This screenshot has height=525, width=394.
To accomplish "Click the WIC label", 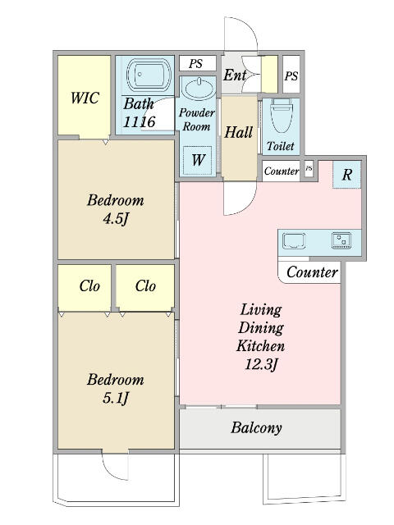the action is click(x=85, y=98).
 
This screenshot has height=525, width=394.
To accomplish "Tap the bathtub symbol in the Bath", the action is click(x=149, y=75).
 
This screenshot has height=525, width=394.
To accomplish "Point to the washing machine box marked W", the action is click(x=198, y=160).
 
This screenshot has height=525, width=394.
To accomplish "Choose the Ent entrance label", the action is click(x=235, y=75).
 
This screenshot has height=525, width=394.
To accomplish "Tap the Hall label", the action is click(x=238, y=132).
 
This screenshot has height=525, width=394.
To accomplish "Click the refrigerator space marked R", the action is click(x=346, y=175).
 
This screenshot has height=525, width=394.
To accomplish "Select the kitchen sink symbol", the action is click(x=294, y=241).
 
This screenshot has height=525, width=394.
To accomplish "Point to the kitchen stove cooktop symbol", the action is click(x=341, y=240).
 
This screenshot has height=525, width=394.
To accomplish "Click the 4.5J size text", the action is click(x=116, y=219).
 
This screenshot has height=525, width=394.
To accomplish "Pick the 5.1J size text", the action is click(x=116, y=398).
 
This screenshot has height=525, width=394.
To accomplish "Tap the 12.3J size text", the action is click(x=261, y=364).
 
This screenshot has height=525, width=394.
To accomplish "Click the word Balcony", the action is click(x=256, y=427).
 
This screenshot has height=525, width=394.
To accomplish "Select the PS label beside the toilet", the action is click(x=291, y=76).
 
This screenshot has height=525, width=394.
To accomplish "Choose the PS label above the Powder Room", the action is click(x=195, y=64).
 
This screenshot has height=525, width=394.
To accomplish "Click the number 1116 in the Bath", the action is click(x=139, y=121).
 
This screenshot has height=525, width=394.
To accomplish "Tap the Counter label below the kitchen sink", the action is click(x=312, y=272).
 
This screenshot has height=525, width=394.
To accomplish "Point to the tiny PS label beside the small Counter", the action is click(x=309, y=168).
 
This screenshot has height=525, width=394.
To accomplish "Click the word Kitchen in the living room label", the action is click(x=261, y=346).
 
